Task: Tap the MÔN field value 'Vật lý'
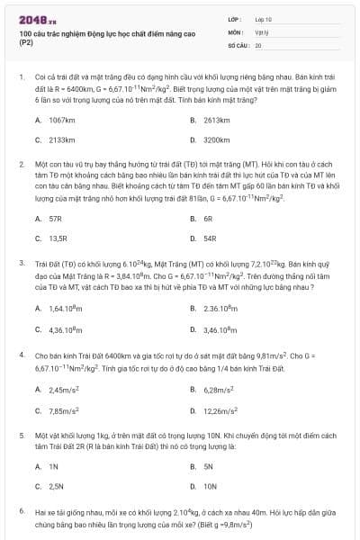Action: pos(262,31)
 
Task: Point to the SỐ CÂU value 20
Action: pos(258,44)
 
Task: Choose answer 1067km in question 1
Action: pos(62,120)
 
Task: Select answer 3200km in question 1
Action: pos(217,140)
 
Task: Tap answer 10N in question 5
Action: pos(211,485)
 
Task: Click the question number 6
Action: pos(21,510)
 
